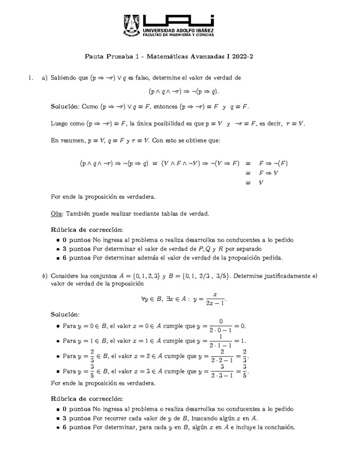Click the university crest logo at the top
[132, 26]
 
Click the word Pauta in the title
[94, 56]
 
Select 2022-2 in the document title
[242, 56]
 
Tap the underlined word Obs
[57, 214]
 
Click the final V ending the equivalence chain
[261, 182]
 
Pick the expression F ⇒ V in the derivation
[269, 173]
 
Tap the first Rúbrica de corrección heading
[87, 230]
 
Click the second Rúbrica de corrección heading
[87, 399]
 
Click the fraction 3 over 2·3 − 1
[222, 371]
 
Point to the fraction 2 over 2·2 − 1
[222, 356]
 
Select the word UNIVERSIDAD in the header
[159, 31]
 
